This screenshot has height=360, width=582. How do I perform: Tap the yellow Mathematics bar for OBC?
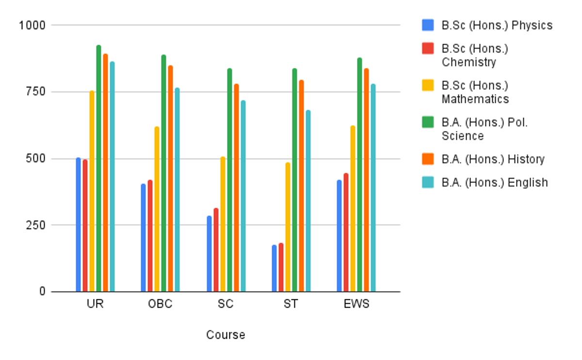click(157, 209)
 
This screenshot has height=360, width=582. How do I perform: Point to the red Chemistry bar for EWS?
click(346, 232)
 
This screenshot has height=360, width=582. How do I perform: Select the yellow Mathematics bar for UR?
click(92, 191)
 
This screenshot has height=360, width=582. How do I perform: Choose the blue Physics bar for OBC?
click(143, 238)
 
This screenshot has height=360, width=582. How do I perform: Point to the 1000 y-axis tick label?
click(32, 25)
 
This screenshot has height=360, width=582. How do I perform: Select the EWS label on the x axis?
click(356, 304)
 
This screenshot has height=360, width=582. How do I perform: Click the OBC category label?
click(160, 304)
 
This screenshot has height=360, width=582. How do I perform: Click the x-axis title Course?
click(226, 335)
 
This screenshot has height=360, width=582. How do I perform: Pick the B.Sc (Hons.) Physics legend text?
click(497, 25)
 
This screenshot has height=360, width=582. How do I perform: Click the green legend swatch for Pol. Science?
click(428, 122)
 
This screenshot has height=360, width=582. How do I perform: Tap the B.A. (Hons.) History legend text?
click(493, 159)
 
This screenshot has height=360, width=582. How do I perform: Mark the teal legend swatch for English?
click(428, 182)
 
